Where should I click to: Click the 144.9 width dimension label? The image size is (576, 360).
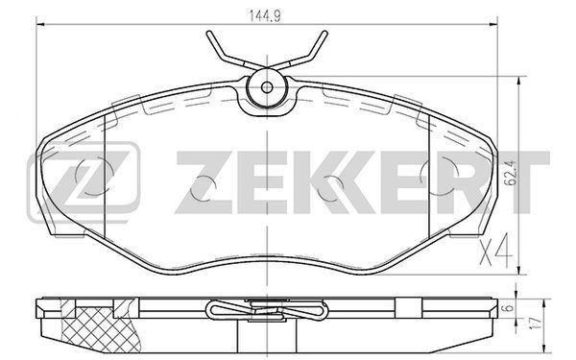coord(265,16)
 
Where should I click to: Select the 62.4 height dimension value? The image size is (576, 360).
coord(513,173)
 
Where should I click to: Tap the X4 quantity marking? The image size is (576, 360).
coord(495,250)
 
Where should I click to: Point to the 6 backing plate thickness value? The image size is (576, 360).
coord(509,308)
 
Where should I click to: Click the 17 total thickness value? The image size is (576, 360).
coord(537,323)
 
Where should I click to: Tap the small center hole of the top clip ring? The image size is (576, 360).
coord(267,87)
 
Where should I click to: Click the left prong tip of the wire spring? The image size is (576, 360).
coord(208,33)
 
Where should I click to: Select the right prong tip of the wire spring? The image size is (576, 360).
coord(324,33)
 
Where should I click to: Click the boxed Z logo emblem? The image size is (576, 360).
coord(84,182)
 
